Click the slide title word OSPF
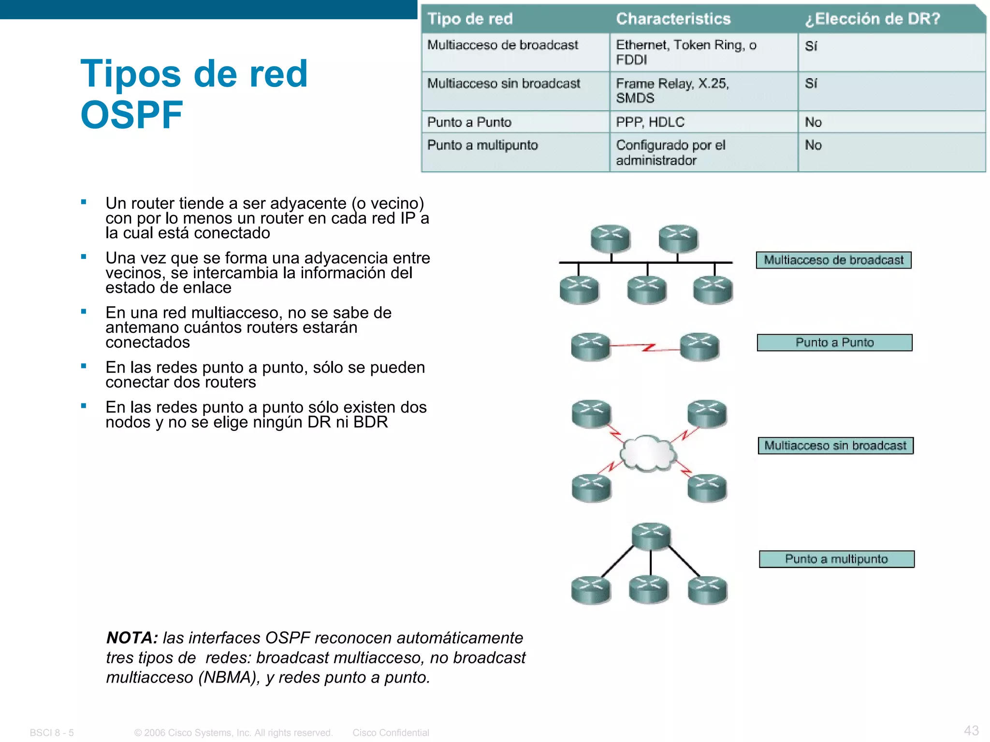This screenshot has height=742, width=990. [x=131, y=115]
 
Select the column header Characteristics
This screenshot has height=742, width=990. [x=673, y=19]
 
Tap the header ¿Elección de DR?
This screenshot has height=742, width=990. [x=873, y=19]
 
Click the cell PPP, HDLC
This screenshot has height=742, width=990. [x=650, y=122]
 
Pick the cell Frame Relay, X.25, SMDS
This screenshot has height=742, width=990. [x=672, y=91]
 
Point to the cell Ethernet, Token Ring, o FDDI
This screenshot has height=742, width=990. [x=685, y=52]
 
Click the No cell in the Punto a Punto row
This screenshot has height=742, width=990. [x=813, y=122]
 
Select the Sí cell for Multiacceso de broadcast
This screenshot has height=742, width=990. [x=811, y=46]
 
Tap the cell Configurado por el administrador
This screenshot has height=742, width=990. [x=670, y=153]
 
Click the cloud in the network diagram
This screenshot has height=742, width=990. [x=648, y=453]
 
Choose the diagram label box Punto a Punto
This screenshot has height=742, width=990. [x=834, y=342]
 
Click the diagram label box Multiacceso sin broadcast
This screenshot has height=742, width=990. [x=835, y=445]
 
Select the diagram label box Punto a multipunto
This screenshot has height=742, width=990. [x=836, y=559]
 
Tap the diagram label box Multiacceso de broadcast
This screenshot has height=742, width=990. [x=833, y=260]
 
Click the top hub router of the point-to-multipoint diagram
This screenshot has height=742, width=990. [x=651, y=536]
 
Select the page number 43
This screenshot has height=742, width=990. [x=971, y=730]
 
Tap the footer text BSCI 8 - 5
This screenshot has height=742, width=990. [x=52, y=733]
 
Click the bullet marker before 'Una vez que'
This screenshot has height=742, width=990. [x=84, y=257]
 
